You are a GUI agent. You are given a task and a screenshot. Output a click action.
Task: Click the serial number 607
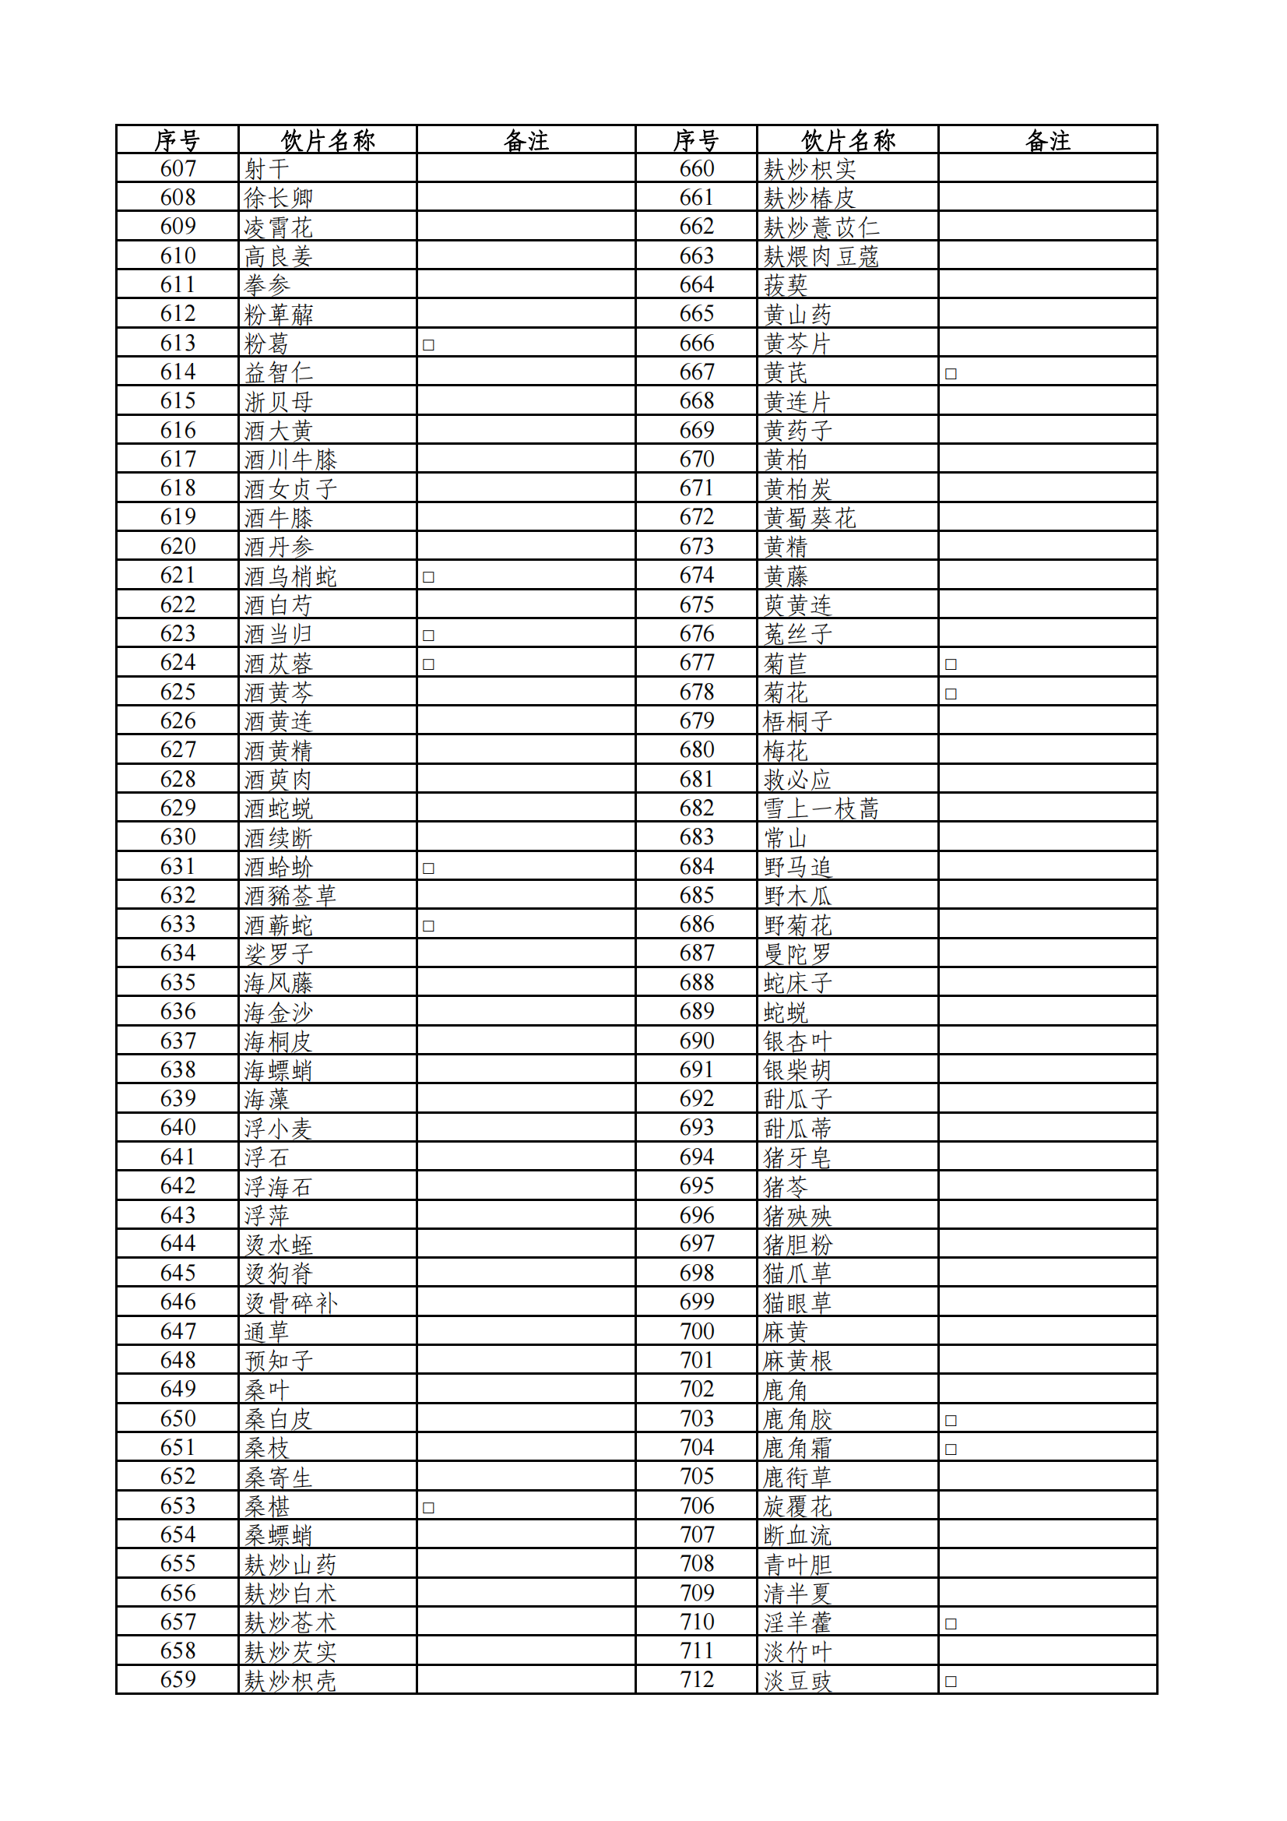point(178,169)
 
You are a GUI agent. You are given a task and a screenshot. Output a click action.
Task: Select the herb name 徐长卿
point(278,199)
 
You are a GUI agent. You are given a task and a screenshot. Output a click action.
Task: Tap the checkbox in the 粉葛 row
point(428,345)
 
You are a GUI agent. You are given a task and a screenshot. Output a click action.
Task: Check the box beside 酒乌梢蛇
point(428,577)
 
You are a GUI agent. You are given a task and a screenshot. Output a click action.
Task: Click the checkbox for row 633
point(428,925)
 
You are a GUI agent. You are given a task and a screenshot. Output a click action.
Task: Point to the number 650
point(178,1419)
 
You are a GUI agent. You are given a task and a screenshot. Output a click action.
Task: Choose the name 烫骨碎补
point(290,1303)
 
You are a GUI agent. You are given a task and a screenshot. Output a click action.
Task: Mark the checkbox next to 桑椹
point(428,1508)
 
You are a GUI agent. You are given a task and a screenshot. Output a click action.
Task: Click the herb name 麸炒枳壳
point(290,1682)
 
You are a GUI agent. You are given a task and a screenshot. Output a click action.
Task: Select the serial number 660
point(696,169)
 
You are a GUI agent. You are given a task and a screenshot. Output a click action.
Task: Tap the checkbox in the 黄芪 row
point(951,374)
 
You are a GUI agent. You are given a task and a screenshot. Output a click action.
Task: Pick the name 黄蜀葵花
point(810,518)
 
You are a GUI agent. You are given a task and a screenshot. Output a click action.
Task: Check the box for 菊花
point(951,694)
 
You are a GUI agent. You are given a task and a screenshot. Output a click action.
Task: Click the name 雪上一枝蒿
point(821,809)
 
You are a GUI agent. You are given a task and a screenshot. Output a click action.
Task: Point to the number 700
point(696,1332)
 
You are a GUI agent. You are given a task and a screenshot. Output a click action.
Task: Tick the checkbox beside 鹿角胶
point(951,1421)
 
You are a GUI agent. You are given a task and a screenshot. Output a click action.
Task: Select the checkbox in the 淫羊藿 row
point(951,1623)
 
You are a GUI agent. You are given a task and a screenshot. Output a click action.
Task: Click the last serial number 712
point(696,1680)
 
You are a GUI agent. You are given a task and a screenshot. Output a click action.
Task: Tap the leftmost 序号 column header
point(177,140)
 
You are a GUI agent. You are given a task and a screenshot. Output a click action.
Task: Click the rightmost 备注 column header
point(1047,140)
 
